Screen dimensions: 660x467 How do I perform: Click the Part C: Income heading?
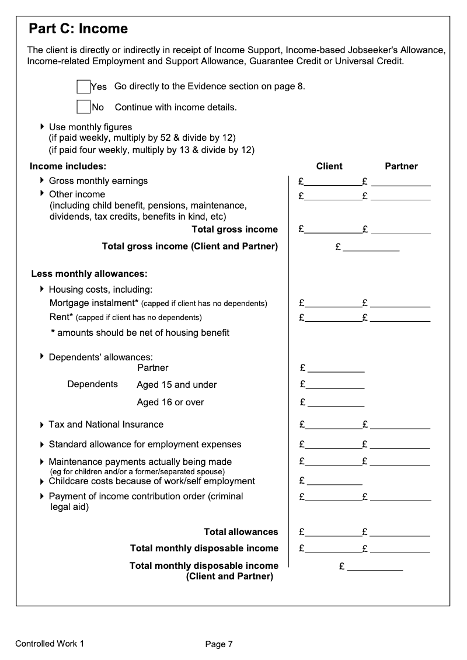click(78, 29)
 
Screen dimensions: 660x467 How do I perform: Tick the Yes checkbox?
click(83, 87)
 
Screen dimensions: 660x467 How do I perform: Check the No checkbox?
click(83, 107)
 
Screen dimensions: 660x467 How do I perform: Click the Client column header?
click(329, 166)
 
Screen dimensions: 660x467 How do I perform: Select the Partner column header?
click(401, 166)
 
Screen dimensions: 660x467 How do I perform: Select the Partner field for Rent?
click(400, 318)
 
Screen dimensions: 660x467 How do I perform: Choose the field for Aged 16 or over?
click(336, 403)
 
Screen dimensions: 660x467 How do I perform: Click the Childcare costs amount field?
click(334, 482)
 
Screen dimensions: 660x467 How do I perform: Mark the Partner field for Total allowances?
click(400, 533)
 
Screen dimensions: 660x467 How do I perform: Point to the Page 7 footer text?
click(219, 645)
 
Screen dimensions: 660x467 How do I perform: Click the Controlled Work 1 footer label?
click(50, 644)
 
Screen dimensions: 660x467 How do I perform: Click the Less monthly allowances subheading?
click(89, 273)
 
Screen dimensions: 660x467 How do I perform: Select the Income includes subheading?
click(68, 166)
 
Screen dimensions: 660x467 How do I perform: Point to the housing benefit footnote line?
click(140, 333)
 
